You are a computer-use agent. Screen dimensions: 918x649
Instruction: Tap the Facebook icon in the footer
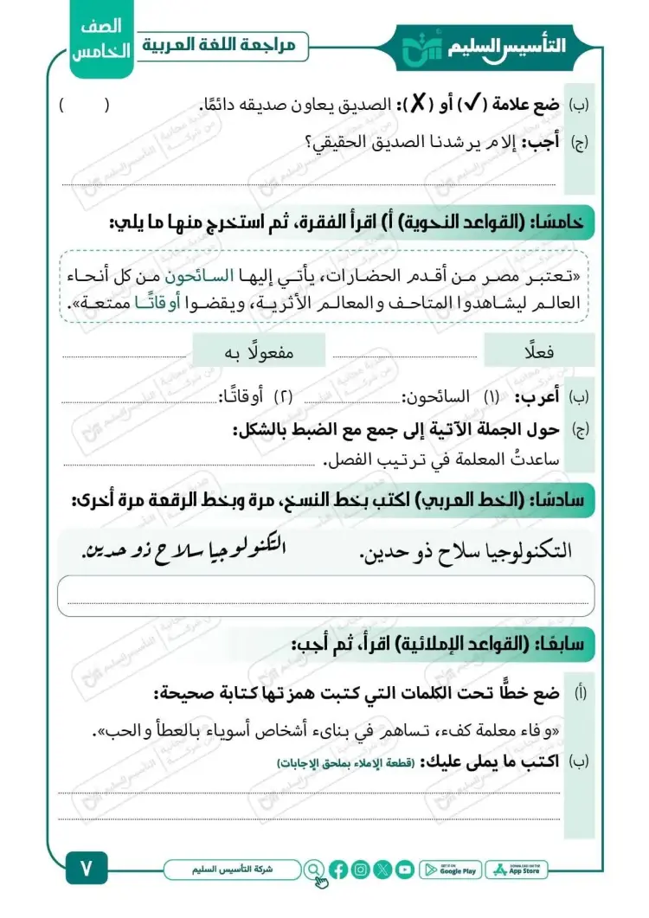click(338, 870)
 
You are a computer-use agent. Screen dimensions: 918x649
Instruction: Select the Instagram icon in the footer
click(361, 870)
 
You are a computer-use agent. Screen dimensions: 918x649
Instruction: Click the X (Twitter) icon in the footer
click(383, 870)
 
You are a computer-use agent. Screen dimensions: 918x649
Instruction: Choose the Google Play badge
click(450, 870)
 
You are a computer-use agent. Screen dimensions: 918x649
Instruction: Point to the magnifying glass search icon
click(313, 869)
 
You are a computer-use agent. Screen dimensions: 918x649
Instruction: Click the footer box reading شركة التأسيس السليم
click(232, 869)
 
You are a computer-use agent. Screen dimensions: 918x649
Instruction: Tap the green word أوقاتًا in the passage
click(187, 303)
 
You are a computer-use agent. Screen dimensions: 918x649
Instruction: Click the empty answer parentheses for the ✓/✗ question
click(85, 106)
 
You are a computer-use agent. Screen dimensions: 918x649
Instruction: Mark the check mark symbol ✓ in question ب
click(475, 106)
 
